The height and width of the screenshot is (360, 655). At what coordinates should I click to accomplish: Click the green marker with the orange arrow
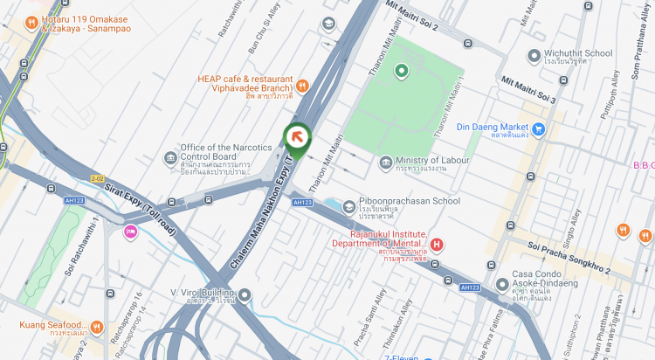(x=297, y=138)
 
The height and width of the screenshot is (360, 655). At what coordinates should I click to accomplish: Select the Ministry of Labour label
(x=429, y=162)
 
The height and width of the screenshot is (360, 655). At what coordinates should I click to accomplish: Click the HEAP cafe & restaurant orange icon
(x=302, y=85)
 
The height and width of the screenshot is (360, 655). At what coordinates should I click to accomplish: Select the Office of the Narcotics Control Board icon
(x=170, y=157)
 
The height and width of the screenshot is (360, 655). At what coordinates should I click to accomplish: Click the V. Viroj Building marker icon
(x=245, y=294)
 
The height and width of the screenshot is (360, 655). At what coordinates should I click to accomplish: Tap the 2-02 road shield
(x=97, y=178)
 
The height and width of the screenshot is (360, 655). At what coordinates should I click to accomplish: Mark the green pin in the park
(x=402, y=71)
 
